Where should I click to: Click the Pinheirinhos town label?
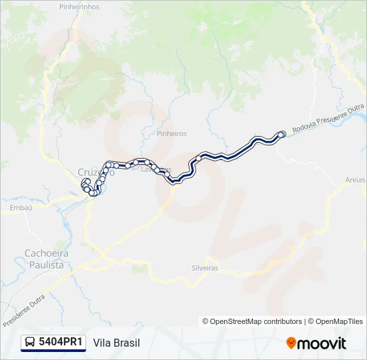[79, 7]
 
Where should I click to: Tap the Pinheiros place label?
[171, 133]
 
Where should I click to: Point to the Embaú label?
[22, 208]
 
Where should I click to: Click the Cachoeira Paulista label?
[44, 259]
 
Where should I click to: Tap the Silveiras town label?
[204, 268]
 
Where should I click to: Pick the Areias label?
[356, 180]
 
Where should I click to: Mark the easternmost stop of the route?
[282, 134]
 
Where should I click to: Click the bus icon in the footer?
[30, 343]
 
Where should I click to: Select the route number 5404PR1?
[61, 343]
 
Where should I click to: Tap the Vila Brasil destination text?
[117, 343]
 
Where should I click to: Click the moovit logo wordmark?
[322, 343]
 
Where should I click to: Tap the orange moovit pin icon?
[291, 343]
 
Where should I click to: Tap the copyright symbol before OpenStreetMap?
[206, 321]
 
